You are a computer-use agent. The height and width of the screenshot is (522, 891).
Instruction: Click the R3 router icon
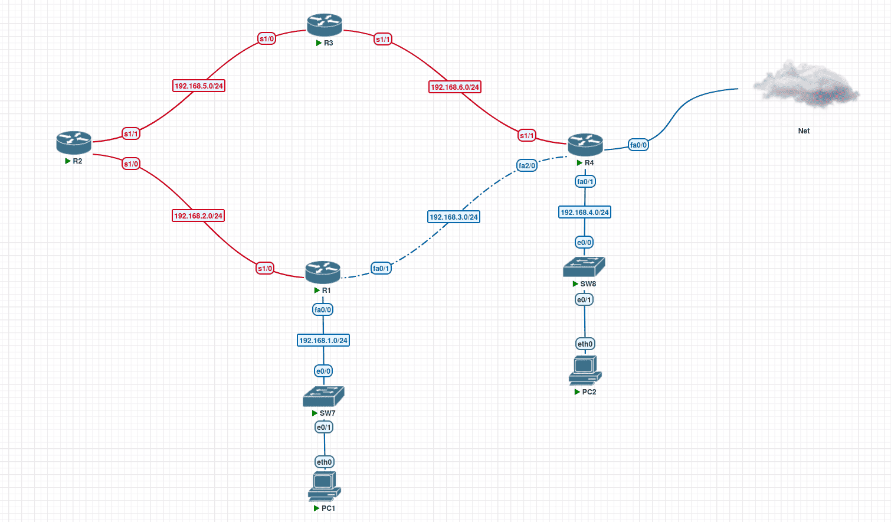point(325,25)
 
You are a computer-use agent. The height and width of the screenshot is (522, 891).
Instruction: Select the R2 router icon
point(74,142)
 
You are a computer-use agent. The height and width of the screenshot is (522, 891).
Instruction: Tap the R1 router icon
point(323,272)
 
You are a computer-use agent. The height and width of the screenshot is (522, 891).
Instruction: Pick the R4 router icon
point(585,145)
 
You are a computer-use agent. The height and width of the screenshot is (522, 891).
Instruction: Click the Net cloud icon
point(806,84)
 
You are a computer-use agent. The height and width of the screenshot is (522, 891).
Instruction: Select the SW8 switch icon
point(584,267)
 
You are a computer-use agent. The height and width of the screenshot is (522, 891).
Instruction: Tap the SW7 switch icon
point(323,396)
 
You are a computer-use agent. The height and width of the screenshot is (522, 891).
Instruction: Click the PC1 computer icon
point(324,487)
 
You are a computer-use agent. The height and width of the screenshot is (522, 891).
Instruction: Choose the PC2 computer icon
point(585,370)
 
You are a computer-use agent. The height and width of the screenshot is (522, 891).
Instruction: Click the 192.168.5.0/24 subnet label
point(199,86)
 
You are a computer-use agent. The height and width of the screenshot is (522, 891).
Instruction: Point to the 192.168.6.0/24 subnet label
point(455,87)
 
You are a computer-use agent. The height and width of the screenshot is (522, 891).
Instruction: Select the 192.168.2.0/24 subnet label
point(198,216)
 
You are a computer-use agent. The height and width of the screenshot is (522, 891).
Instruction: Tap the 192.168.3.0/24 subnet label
point(454,217)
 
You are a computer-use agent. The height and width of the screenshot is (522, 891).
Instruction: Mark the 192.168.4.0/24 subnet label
point(585,213)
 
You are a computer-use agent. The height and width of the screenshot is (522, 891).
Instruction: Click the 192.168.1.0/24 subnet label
point(323,341)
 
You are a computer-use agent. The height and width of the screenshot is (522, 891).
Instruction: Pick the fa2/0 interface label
point(527,166)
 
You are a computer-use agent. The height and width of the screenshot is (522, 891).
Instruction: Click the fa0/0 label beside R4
point(638,145)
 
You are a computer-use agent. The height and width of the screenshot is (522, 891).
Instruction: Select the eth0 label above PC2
point(585,344)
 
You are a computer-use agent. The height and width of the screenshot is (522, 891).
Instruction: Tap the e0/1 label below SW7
point(324,428)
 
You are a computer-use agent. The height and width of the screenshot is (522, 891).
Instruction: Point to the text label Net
point(804,131)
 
